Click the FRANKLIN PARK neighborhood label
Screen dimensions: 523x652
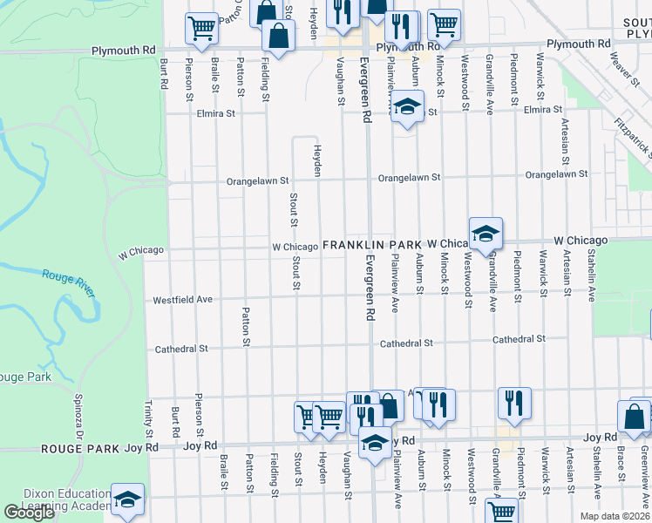tap(372, 247)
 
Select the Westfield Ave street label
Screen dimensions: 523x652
tap(183, 299)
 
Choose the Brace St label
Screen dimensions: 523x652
tap(621, 464)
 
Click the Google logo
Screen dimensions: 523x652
tap(29, 513)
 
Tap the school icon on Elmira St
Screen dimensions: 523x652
tap(406, 107)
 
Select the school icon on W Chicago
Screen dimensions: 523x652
tap(486, 233)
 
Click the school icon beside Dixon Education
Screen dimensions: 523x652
tap(127, 499)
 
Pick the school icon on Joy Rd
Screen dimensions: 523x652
tap(375, 442)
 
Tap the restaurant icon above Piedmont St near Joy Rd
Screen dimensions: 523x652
tap(513, 403)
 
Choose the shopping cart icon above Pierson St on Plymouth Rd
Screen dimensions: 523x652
tap(201, 27)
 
